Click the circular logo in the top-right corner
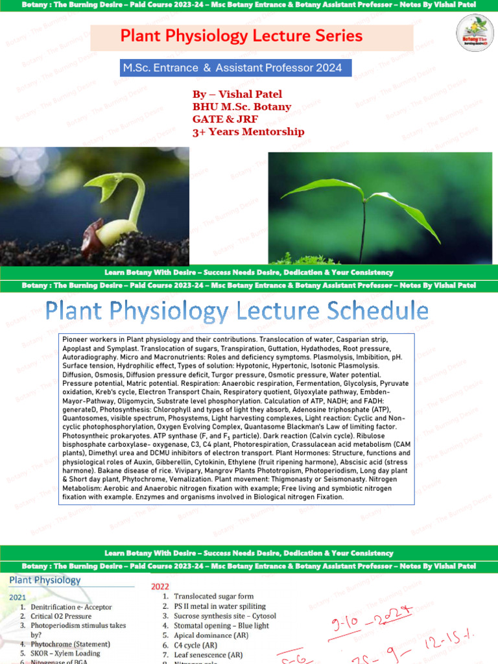475,32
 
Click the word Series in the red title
336,36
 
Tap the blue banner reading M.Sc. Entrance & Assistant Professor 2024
232,67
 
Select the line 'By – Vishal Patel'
237,95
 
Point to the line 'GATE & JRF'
221,119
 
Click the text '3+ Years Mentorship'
248,132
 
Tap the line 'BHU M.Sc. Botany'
241,107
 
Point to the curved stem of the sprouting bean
137,195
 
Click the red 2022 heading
160,586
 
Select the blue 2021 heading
18,596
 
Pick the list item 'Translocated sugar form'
213,597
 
